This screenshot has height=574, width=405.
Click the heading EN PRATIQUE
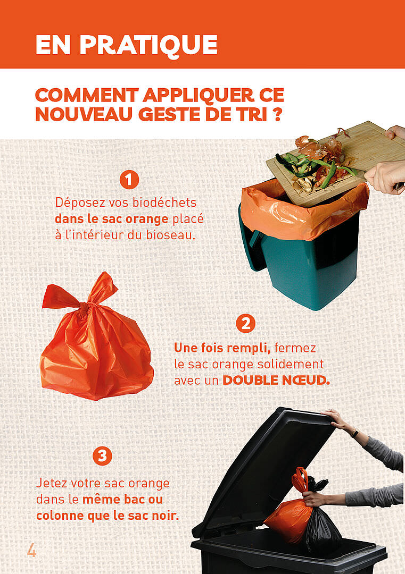coord(127,45)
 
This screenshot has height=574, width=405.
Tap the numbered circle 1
coord(129,180)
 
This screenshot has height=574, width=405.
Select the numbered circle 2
coord(245,323)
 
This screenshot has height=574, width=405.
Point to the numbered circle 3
coord(102,456)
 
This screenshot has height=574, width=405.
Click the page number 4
coord(31,550)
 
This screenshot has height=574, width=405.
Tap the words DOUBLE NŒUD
coord(276,381)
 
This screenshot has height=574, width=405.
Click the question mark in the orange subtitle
coord(277,114)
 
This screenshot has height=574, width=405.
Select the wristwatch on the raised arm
coord(354,433)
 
